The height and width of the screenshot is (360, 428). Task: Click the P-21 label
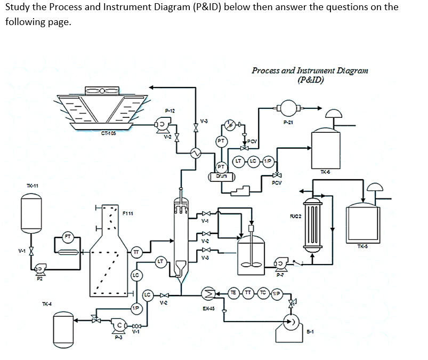pyautogui.click(x=289, y=122)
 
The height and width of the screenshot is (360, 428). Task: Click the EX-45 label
pyautogui.click(x=209, y=308)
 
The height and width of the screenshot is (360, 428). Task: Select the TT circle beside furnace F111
pyautogui.click(x=136, y=251)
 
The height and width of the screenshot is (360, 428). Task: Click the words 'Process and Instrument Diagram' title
pyautogui.click(x=309, y=70)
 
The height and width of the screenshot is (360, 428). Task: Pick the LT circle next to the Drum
pyautogui.click(x=240, y=161)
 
